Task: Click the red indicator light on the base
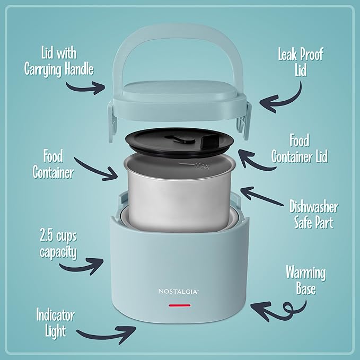[180, 305]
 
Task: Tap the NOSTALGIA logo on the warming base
[180, 291]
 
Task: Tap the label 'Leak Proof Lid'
[301, 63]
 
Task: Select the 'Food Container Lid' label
[300, 149]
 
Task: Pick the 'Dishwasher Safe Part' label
[313, 214]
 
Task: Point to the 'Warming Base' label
[305, 281]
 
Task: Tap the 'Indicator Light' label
[56, 323]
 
